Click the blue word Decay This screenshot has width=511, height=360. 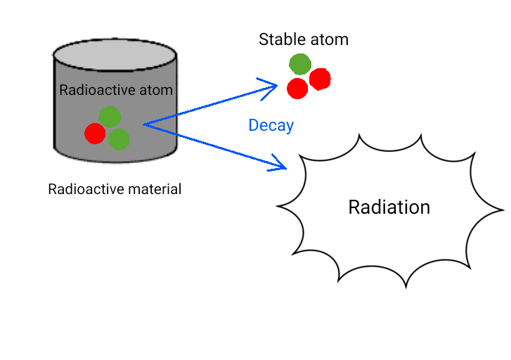(271, 126)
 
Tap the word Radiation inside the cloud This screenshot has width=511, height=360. (389, 207)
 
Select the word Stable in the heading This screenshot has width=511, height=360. (280, 39)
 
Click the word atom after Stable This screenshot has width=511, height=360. (325, 39)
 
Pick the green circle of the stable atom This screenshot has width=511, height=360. (300, 63)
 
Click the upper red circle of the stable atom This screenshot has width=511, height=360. (320, 79)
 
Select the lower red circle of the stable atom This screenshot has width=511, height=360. (297, 89)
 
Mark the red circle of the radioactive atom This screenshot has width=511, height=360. (95, 133)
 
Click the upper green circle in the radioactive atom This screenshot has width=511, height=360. (110, 117)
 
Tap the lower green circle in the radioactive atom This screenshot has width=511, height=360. (119, 139)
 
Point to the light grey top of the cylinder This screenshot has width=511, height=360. (115, 53)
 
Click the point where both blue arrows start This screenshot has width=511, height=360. (144, 125)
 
